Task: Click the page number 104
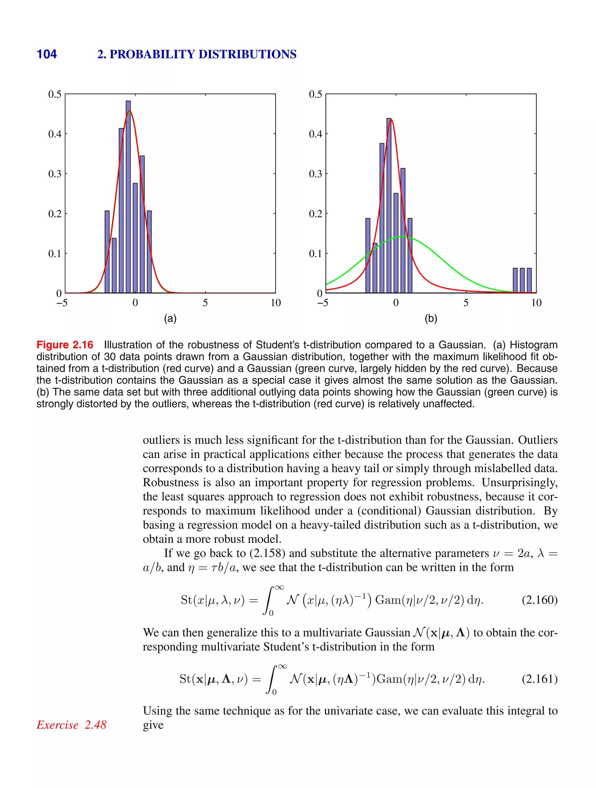click(x=47, y=54)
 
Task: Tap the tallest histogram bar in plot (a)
click(x=128, y=196)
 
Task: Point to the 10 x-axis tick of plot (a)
click(x=275, y=303)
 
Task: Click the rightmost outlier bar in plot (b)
click(x=529, y=280)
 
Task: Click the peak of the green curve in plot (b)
click(x=401, y=236)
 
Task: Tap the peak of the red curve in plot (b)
click(x=391, y=120)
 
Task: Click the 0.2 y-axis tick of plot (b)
click(x=315, y=214)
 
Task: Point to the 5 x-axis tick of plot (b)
click(x=466, y=303)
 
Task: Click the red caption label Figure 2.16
click(x=65, y=345)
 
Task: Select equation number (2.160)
click(x=539, y=600)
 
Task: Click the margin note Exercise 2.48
click(x=72, y=725)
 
